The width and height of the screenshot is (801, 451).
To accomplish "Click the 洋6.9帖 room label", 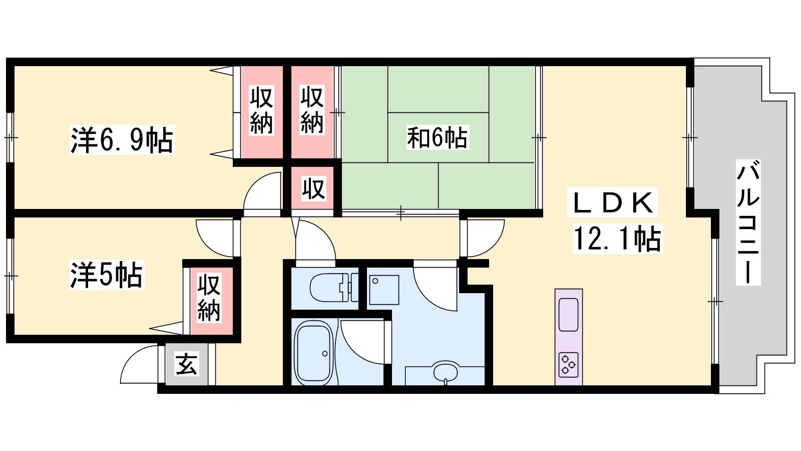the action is (122, 140).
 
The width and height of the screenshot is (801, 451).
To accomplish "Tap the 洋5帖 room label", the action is (107, 275).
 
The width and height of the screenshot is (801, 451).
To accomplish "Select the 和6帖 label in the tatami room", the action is (437, 137).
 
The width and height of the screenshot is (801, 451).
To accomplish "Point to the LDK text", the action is (612, 202).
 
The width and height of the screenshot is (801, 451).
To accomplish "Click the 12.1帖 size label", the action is (618, 239).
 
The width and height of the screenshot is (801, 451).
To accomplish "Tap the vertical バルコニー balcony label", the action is (748, 222).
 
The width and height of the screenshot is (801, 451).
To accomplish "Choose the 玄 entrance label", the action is (186, 364).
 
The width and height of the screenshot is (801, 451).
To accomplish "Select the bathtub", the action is (314, 353).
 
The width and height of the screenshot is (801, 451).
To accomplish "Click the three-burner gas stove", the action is (568, 365).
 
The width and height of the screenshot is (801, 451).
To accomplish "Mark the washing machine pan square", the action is (384, 290).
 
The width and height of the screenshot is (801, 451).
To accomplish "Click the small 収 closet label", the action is (313, 188).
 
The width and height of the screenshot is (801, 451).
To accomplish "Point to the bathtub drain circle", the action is (325, 354).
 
